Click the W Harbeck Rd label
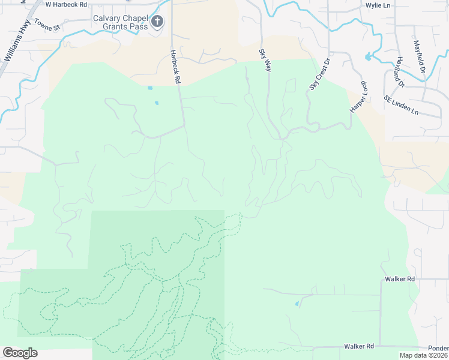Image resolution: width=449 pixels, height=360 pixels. (66, 4)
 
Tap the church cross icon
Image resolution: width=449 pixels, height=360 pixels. (157, 23)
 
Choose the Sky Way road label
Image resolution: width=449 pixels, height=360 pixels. (265, 61)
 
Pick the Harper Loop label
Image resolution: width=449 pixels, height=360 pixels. (359, 96)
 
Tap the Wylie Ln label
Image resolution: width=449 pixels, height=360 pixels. (378, 5)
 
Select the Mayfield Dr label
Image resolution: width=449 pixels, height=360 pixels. (419, 53)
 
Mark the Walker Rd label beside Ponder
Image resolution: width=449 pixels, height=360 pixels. (359, 347)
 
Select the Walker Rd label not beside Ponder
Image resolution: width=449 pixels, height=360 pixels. (400, 280)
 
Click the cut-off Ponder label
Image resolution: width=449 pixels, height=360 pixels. (438, 347)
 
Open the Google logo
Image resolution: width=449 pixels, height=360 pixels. (20, 353)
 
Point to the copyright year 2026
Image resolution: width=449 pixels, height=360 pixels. (439, 355)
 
